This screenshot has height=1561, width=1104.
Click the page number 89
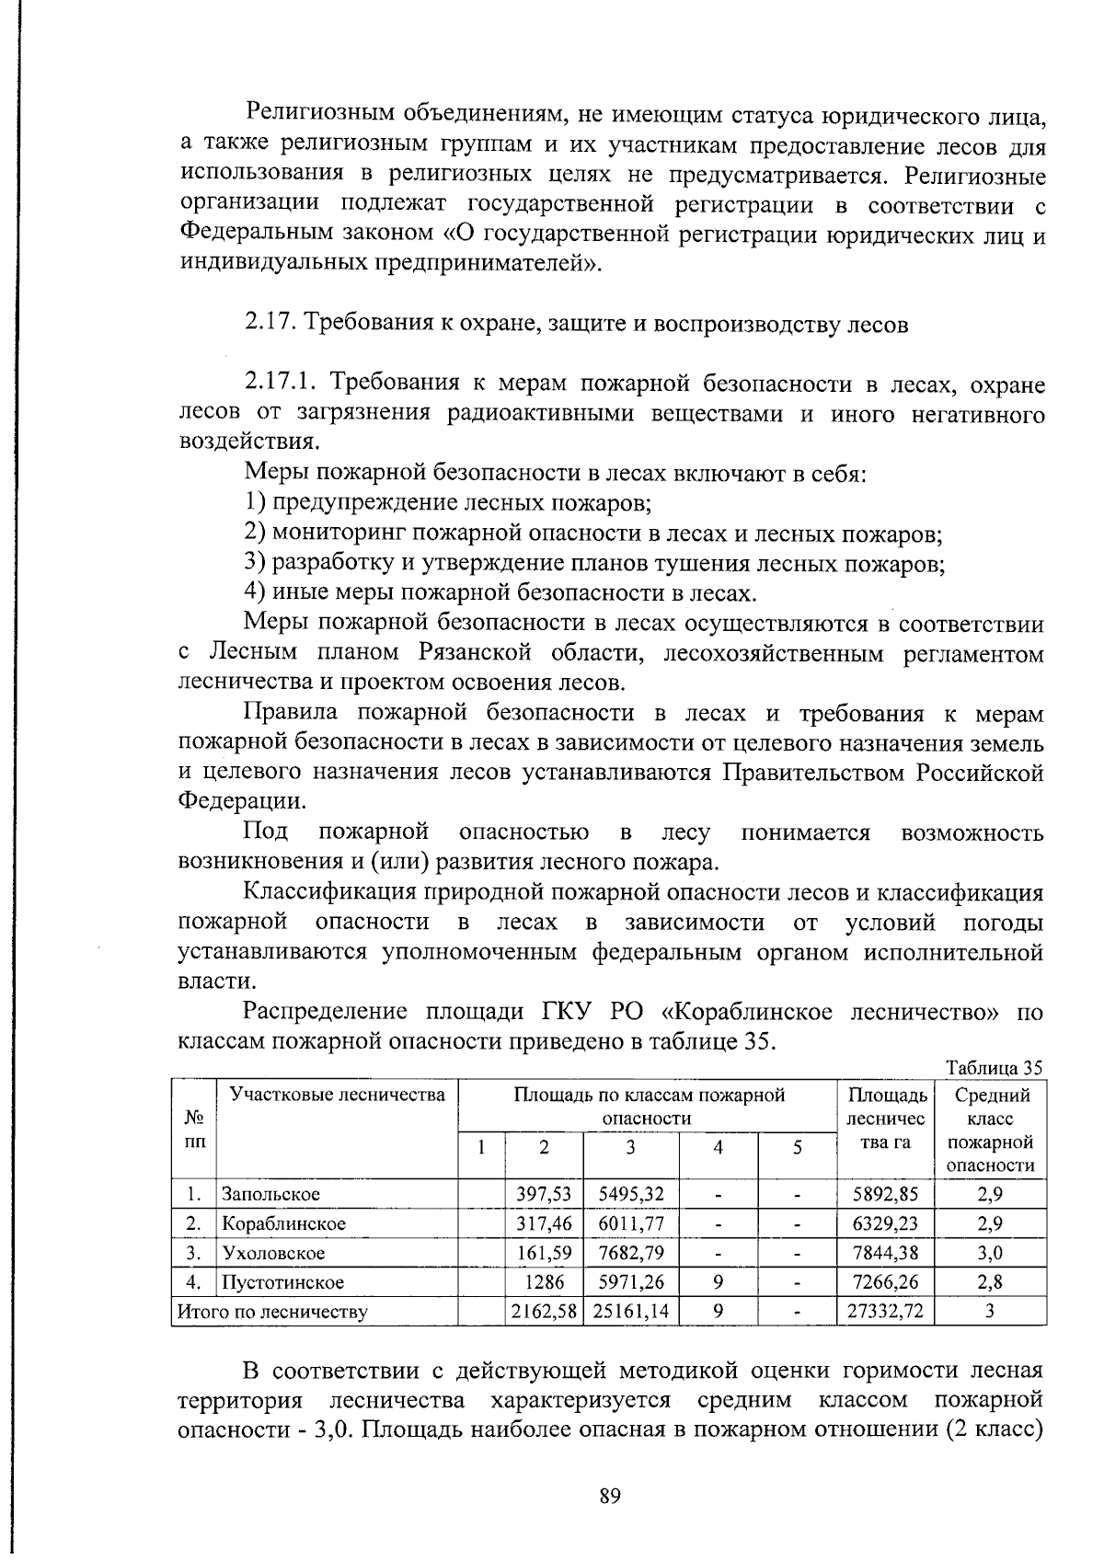click(x=610, y=1496)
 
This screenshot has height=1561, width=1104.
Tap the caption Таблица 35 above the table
click(x=995, y=1068)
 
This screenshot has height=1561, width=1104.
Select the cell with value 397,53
click(x=544, y=1194)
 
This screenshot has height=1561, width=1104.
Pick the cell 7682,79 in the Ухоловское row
click(x=631, y=1253)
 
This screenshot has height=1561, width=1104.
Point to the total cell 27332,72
click(x=885, y=1311)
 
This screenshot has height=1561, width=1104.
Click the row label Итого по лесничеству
click(x=272, y=1312)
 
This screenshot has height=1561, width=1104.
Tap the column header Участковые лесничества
click(x=337, y=1095)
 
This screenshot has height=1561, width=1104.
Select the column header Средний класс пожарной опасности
click(x=992, y=1130)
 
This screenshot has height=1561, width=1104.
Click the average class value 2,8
click(x=991, y=1282)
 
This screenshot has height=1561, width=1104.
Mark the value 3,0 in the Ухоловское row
click(x=991, y=1253)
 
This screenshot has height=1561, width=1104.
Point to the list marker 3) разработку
click(x=255, y=563)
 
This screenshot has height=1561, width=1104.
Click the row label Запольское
click(x=270, y=1194)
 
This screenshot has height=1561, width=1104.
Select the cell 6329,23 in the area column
click(x=885, y=1223)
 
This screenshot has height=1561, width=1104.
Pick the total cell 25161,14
click(x=631, y=1311)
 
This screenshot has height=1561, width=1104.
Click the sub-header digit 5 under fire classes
click(x=798, y=1147)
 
